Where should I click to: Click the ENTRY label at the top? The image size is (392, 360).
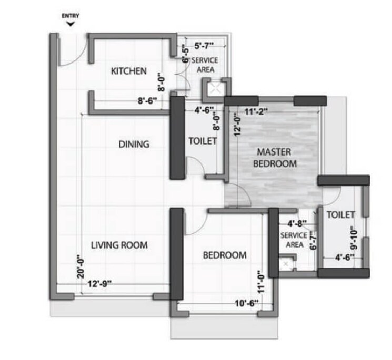[x=70, y=16]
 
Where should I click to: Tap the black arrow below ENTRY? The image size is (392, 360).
[x=70, y=23]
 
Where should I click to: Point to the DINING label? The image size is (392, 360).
[x=134, y=144]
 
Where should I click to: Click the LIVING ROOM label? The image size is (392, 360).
[x=119, y=245]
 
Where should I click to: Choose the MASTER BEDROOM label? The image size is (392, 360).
[x=275, y=158]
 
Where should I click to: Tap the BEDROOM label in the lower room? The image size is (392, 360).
[x=225, y=255]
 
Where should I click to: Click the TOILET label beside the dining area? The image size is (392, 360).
[x=203, y=141]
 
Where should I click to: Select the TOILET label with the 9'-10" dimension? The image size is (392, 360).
[x=340, y=215]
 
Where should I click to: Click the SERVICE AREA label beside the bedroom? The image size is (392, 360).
[x=294, y=240]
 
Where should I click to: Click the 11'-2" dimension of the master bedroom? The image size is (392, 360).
[x=257, y=111]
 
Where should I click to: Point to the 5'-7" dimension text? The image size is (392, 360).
[x=204, y=46]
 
